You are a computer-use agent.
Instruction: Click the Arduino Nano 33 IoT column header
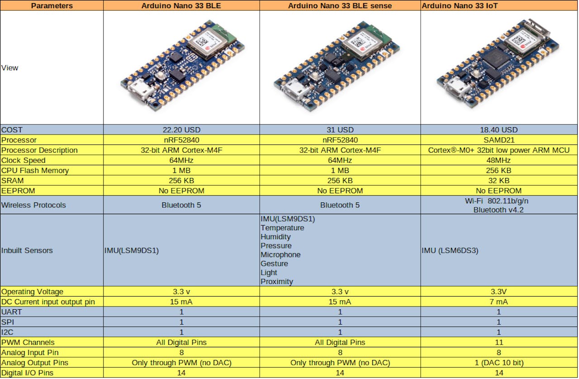coord(459,5)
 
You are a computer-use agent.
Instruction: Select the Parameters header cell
coord(52,5)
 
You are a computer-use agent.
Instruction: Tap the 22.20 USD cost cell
coord(181,130)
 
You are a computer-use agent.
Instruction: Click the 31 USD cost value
coord(340,130)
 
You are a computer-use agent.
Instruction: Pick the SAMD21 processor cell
coord(499,140)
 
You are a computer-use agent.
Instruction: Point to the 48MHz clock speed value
coord(498,160)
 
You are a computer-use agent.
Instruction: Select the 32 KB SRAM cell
coord(499,181)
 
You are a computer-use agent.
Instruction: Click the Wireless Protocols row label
coord(33,205)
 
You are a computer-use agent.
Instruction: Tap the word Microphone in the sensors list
coord(280,254)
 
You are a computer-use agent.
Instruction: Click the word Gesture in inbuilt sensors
coord(274,264)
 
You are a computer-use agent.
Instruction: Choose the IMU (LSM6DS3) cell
coord(450,250)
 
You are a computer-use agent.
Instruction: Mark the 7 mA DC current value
coord(498,302)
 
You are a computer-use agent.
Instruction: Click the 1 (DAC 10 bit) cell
coord(499,363)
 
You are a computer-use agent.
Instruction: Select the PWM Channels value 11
coord(499,342)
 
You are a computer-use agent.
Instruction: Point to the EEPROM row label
coord(18,191)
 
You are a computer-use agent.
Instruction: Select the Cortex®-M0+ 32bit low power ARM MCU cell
coord(499,150)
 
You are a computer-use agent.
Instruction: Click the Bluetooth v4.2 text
coord(498,210)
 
